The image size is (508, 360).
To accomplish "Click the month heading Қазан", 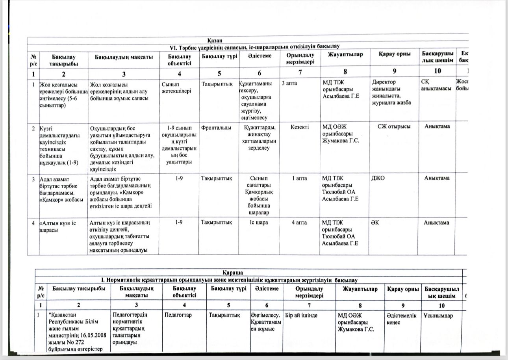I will (x=216, y=40).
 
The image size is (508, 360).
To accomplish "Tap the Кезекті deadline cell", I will (x=300, y=127).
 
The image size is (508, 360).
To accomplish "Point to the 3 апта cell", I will (x=289, y=84).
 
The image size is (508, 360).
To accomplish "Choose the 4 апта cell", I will (x=300, y=223).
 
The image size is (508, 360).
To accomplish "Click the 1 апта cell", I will (x=300, y=178).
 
